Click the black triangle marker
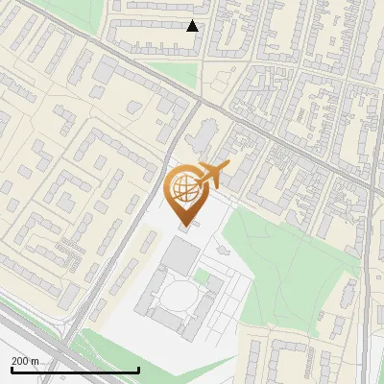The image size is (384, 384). click(193, 26)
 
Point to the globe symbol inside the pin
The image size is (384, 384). click(183, 189)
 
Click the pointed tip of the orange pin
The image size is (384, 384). click(184, 226)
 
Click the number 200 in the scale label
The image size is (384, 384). click(19, 361)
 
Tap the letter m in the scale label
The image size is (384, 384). click(36, 361)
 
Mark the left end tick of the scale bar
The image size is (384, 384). click(11, 368)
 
